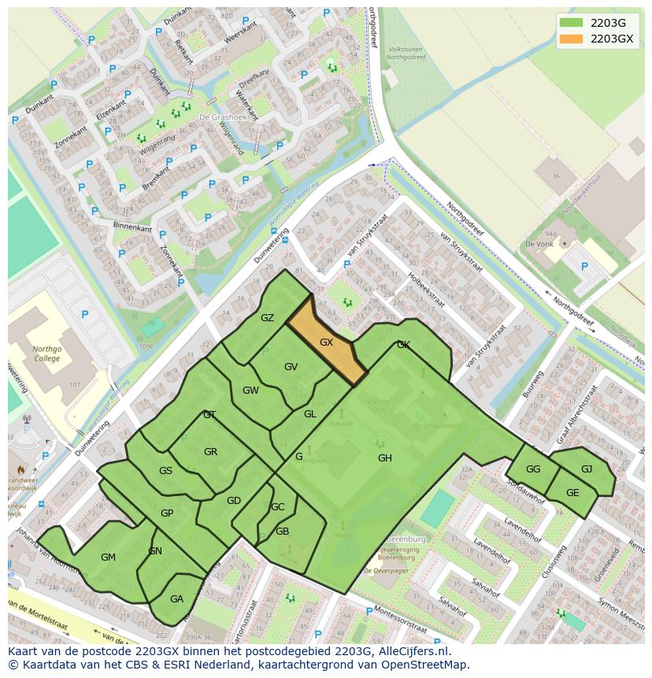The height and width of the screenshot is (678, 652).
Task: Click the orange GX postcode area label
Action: tap(326, 343)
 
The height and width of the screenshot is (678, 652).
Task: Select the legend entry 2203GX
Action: tap(611, 39)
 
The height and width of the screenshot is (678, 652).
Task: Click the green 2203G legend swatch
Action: tap(572, 23)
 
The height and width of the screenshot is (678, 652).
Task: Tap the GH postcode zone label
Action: tap(384, 458)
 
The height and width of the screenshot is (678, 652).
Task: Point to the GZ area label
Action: tap(267, 318)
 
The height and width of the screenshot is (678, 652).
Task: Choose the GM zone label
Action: tap(108, 558)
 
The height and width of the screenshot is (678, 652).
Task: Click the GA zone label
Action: tap(176, 599)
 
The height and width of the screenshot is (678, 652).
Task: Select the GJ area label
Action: tap(586, 469)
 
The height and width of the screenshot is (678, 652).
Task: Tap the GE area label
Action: tap(572, 493)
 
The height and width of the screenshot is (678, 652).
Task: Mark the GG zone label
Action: tap(532, 469)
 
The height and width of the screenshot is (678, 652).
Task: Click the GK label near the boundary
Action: tap(403, 345)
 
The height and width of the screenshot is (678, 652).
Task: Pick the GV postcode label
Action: tap(291, 367)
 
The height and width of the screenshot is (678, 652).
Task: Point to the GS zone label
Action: tap(165, 471)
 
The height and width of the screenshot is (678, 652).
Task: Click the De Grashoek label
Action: tap(217, 117)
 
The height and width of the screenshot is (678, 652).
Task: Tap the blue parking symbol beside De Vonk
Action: tap(584, 266)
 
